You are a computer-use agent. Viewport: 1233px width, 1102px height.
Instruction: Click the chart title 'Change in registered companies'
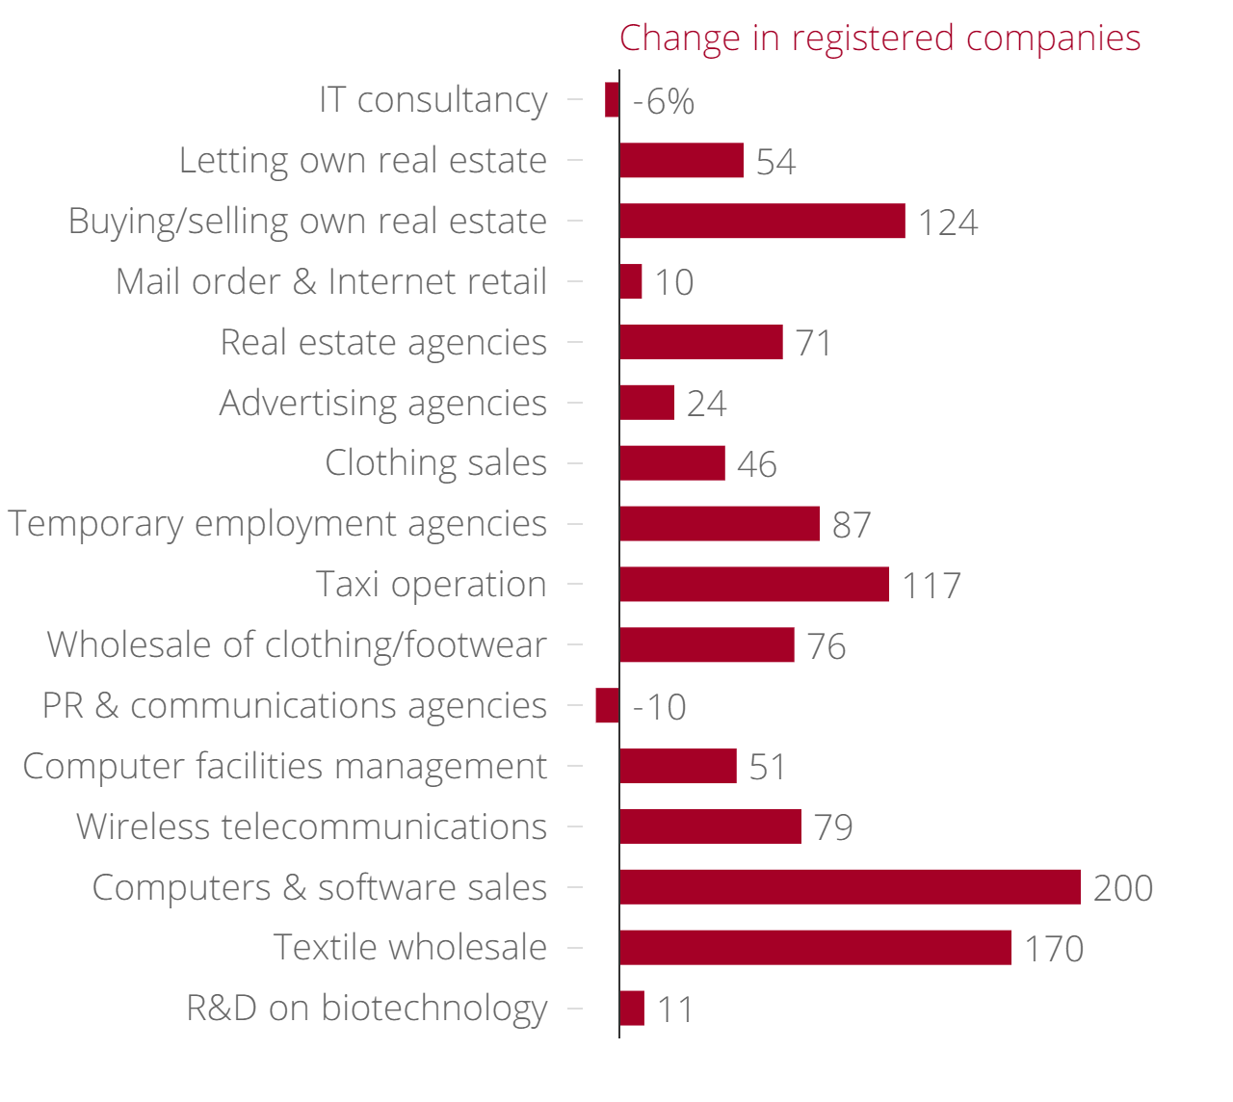coord(879,39)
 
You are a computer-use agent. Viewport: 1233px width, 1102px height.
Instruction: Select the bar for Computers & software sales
coord(850,887)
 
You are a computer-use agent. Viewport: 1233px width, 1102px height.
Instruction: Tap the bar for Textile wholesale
coord(815,948)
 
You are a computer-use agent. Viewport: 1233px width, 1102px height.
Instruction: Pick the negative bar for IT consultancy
coord(612,100)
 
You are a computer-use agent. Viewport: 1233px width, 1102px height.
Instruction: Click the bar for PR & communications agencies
coord(608,705)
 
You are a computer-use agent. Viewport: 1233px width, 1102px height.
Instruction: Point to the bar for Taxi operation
coord(754,585)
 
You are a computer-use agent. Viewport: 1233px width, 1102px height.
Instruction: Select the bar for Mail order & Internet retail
coord(631,281)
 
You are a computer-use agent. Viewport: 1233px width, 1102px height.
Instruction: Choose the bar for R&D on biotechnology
coord(632,1009)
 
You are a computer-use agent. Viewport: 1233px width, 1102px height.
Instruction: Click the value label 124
coord(948,223)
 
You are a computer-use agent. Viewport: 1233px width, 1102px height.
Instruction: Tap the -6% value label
coord(664,101)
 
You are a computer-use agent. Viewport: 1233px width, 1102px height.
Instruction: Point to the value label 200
coord(1123,888)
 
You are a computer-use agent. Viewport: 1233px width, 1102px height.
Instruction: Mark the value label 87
coord(852,525)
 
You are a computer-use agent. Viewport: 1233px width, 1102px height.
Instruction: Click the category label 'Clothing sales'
coord(435,463)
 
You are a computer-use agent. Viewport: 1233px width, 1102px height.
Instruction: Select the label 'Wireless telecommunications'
coord(311,827)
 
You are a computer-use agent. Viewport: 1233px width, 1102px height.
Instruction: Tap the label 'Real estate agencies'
coord(383,342)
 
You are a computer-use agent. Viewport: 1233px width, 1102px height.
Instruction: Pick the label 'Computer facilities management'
coord(284,767)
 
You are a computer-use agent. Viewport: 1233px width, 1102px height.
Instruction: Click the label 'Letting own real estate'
coord(363,161)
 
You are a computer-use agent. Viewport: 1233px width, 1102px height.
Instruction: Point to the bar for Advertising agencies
coord(646,403)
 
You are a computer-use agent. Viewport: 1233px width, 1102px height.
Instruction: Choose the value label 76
coord(826,646)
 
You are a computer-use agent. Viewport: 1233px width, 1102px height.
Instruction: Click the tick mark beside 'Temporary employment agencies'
coord(575,524)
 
